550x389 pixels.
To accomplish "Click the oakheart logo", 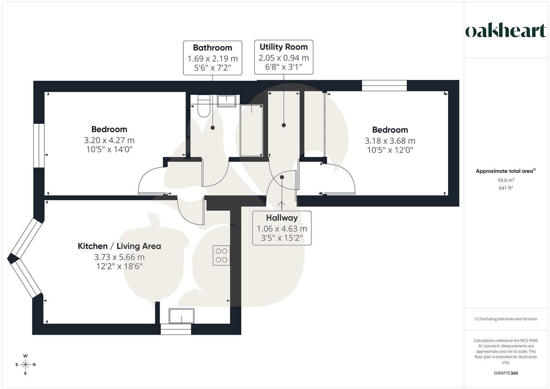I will click(506, 31).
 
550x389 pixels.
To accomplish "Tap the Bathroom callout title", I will click(213, 48).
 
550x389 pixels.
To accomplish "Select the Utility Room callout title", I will click(283, 47).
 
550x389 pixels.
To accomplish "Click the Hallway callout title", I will click(282, 218).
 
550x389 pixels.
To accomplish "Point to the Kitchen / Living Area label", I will click(119, 246).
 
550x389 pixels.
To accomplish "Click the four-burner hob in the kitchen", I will click(221, 255).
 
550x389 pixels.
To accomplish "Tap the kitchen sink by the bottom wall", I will click(182, 316).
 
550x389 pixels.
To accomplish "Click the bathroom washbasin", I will click(227, 100).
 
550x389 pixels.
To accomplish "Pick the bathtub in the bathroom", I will click(251, 130).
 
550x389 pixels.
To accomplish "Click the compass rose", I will click(25, 365).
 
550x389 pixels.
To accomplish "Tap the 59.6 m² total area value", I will click(506, 180).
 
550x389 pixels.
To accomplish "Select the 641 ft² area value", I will click(506, 188).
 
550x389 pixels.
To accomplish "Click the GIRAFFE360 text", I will click(506, 373).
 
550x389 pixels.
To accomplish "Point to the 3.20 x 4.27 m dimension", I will click(109, 140).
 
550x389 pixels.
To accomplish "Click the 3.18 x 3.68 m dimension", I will click(390, 141).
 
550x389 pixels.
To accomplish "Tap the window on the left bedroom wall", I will click(39, 146).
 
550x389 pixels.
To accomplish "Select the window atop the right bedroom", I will click(384, 85).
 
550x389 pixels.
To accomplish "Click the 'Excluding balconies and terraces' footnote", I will click(506, 319).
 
